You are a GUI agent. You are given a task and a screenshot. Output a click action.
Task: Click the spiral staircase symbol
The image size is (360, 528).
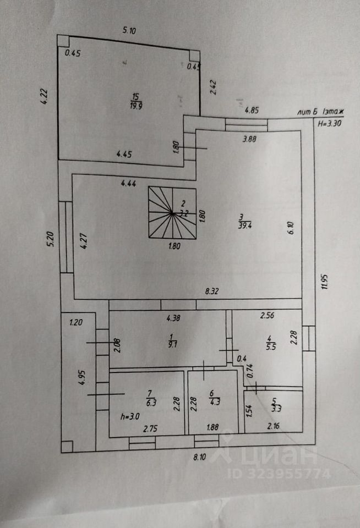pyautogui.click(x=172, y=212)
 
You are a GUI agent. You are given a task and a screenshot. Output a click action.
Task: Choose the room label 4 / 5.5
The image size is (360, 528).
pyautogui.click(x=270, y=343)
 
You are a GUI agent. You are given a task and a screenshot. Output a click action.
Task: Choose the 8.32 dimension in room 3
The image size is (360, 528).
pyautogui.click(x=212, y=291)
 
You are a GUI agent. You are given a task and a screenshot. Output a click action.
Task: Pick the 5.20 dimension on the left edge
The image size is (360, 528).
pyautogui.click(x=48, y=240)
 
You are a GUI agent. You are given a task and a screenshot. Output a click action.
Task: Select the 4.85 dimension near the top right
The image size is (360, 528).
pyautogui.click(x=252, y=110)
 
